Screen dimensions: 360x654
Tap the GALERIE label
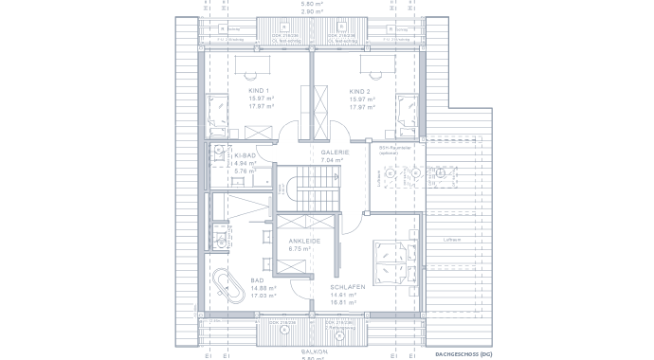tap(335, 153)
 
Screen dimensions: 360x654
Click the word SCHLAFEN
tap(347, 286)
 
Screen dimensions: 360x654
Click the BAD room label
tap(257, 280)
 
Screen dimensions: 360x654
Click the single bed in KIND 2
tap(408, 110)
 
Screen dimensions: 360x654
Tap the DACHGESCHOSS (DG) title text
tap(464, 353)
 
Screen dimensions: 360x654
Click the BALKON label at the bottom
tap(314, 351)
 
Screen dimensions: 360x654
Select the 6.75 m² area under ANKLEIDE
tap(300, 248)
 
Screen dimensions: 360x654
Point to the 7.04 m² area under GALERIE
tap(332, 161)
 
